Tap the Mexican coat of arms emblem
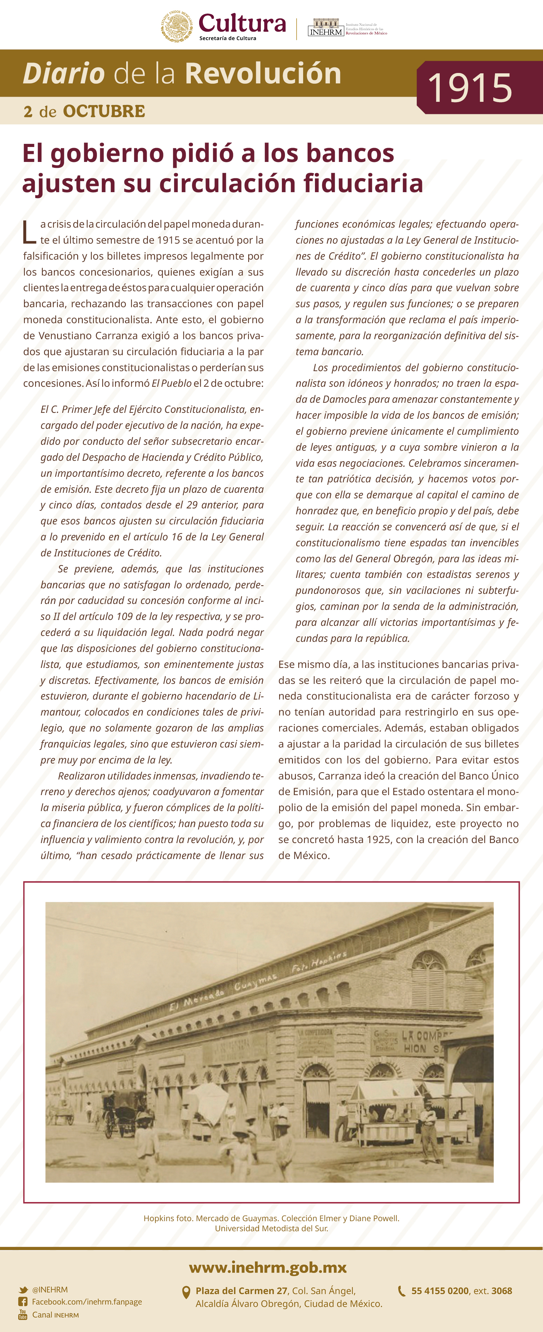[177, 26]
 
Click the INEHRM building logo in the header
[326, 27]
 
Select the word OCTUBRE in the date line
[104, 111]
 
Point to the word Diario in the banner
[64, 73]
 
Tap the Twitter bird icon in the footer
[23, 1290]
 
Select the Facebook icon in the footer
[23, 1301]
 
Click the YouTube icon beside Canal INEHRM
[23, 1314]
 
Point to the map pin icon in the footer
[186, 1293]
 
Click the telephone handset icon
[401, 1291]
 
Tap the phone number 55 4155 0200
[439, 1291]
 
